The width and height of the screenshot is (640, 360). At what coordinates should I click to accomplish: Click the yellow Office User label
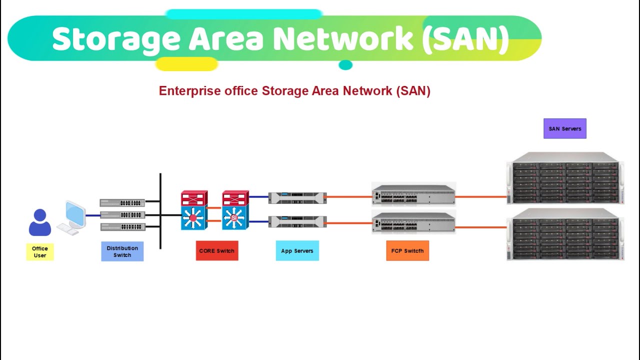(x=40, y=252)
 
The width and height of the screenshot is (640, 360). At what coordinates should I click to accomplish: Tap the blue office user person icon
(x=40, y=223)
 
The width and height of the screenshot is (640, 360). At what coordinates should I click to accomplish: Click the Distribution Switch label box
(x=122, y=251)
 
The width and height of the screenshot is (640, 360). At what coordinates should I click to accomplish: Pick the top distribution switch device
(x=122, y=202)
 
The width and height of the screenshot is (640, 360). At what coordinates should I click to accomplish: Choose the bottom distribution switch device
(x=122, y=226)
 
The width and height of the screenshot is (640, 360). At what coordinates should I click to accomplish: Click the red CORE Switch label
(x=217, y=251)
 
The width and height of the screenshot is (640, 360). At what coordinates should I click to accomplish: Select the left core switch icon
(x=194, y=210)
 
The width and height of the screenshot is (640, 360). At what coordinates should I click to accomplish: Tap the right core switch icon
(x=235, y=210)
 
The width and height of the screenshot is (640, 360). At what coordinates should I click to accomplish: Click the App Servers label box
(x=297, y=251)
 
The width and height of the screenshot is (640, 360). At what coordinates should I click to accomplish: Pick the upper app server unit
(x=297, y=197)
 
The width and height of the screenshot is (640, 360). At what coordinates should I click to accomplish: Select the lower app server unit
(x=297, y=221)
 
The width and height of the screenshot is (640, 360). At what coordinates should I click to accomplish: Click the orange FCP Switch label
(x=407, y=251)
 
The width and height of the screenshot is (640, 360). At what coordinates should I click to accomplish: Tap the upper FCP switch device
(x=413, y=194)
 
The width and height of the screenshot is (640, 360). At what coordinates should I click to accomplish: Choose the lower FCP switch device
(x=413, y=222)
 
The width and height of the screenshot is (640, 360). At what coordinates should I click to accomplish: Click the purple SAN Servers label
(x=565, y=128)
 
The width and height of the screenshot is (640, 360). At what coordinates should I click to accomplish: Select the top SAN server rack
(x=565, y=178)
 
